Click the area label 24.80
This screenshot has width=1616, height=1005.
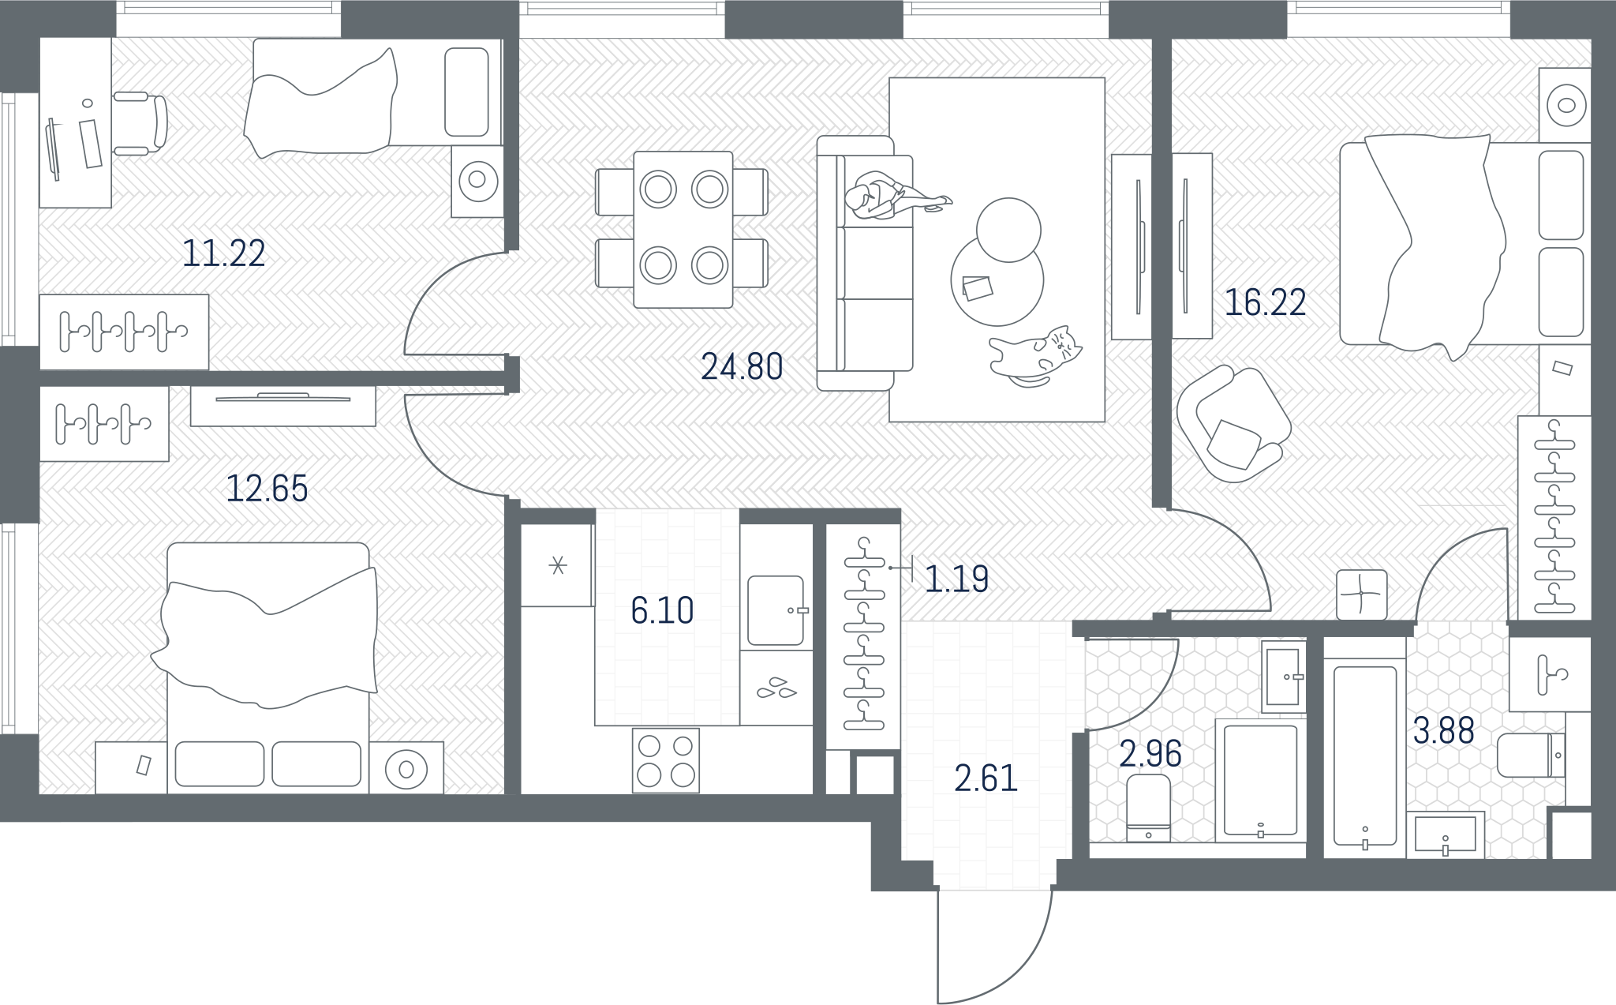tap(742, 367)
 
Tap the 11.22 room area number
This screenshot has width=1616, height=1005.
tap(224, 253)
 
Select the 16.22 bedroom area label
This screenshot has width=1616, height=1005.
tap(1265, 302)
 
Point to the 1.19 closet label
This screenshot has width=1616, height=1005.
tap(956, 579)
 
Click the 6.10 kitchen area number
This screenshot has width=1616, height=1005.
tap(662, 611)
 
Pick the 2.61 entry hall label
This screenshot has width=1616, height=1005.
tap(986, 778)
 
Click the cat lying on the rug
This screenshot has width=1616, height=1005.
tap(1035, 356)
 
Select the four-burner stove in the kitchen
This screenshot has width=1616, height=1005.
tap(666, 760)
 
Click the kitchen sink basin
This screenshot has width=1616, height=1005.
tap(776, 610)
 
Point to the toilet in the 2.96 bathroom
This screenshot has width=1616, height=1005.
tap(1148, 808)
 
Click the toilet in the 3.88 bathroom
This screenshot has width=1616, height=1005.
tap(1531, 756)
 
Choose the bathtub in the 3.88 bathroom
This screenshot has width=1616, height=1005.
tap(1365, 756)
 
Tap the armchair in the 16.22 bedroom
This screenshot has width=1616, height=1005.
tap(1233, 424)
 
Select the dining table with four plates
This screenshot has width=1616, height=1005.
tap(683, 229)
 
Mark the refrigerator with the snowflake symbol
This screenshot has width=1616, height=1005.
tap(557, 565)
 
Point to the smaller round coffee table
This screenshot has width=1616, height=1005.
tap(1008, 230)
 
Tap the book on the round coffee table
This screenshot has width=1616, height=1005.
tap(978, 288)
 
